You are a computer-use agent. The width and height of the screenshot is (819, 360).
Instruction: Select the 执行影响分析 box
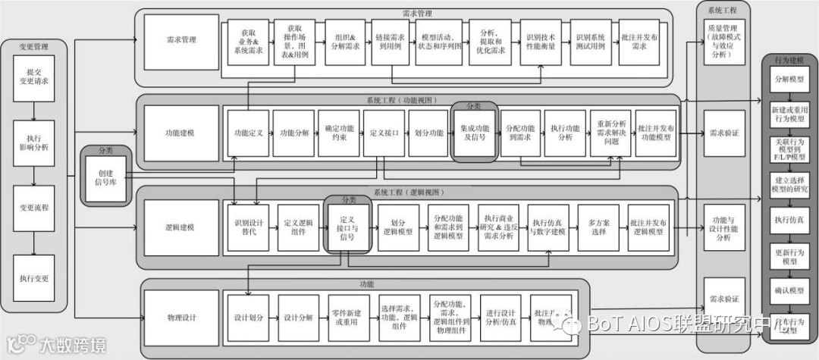pos(33,142)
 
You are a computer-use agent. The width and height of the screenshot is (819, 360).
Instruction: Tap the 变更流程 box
pos(33,207)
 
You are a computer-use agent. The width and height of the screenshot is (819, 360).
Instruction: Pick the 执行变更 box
pos(33,278)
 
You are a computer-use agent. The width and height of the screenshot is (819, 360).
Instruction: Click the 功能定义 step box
pos(248,133)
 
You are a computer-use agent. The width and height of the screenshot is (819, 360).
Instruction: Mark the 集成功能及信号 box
pos(474,133)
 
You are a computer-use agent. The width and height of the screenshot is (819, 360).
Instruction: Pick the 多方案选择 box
pos(599,226)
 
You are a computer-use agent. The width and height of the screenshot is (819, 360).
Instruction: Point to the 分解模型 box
pos(789,79)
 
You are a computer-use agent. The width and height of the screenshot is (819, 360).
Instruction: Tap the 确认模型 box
pos(789,290)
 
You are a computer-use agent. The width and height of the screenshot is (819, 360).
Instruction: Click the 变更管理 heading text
pos(33,47)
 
